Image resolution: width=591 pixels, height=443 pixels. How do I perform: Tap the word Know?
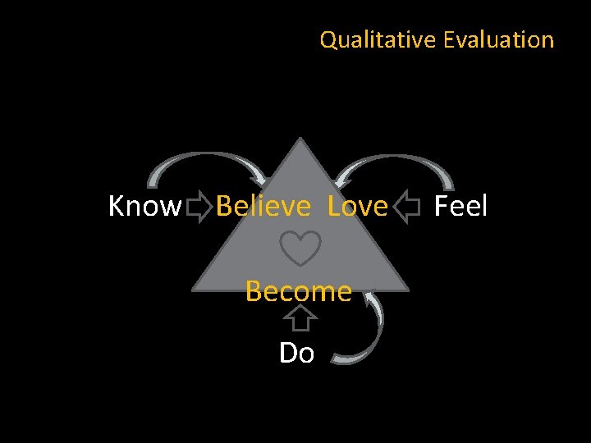pyautogui.click(x=144, y=207)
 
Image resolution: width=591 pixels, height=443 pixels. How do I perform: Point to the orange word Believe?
pyautogui.click(x=263, y=207)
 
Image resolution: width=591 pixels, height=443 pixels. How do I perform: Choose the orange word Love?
pyautogui.click(x=357, y=207)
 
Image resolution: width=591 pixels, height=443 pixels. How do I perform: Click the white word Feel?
pyautogui.click(x=460, y=206)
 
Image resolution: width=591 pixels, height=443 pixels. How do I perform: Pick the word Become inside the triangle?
pyautogui.click(x=298, y=290)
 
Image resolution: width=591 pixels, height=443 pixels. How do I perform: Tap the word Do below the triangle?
pyautogui.click(x=296, y=353)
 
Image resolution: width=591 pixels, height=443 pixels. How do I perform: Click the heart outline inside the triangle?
pyautogui.click(x=300, y=248)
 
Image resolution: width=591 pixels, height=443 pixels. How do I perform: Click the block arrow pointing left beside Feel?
pyautogui.click(x=406, y=208)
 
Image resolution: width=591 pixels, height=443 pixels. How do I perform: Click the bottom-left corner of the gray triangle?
pyautogui.click(x=195, y=290)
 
